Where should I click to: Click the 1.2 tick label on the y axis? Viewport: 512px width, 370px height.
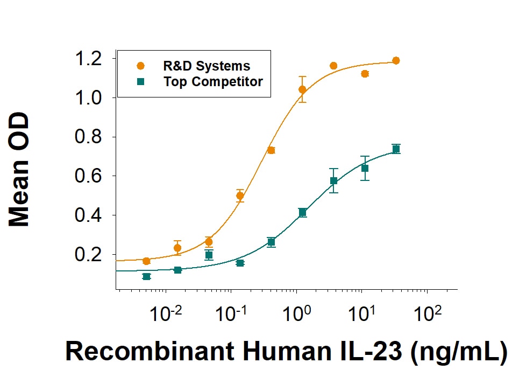point(88,59)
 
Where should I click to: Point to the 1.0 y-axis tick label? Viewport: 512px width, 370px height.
point(88,97)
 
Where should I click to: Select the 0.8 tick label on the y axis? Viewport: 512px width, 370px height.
point(88,137)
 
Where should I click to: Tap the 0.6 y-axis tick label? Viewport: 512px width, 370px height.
point(88,176)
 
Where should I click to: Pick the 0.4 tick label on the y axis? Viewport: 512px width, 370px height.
point(88,215)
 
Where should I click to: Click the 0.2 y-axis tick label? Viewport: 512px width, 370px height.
point(88,254)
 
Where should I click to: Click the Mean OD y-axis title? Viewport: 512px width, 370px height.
point(19,169)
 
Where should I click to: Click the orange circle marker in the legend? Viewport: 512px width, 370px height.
point(140,66)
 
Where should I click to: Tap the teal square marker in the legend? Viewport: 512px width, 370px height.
point(140,81)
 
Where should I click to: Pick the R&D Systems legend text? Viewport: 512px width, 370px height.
point(207,66)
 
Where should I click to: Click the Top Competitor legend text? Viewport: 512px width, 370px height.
point(213,82)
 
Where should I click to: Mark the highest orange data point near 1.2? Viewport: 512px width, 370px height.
point(396,60)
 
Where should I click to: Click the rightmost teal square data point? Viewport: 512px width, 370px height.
point(396,149)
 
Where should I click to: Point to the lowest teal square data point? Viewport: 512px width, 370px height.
point(147,276)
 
